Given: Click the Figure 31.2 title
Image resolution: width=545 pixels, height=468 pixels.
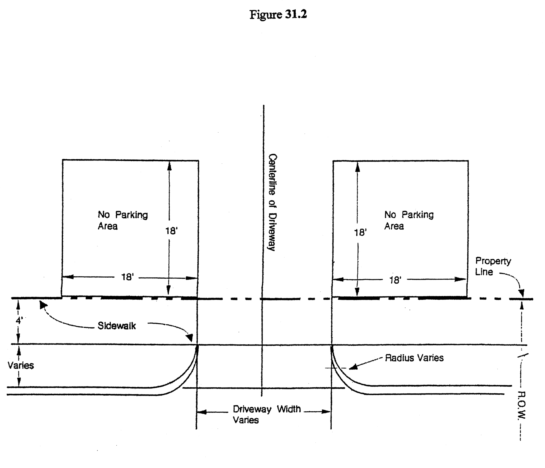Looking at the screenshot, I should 278,14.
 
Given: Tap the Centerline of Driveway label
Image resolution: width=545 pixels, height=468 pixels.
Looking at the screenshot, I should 272,202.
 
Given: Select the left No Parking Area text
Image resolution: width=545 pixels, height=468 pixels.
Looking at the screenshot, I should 123,220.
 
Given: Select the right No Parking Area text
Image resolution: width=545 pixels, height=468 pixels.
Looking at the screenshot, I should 409,220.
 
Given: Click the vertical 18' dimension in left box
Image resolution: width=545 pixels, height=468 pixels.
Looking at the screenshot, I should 171,231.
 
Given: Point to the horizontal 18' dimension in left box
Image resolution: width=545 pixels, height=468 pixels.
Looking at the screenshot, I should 128,277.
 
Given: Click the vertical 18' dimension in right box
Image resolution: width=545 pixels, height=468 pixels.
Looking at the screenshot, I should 360,233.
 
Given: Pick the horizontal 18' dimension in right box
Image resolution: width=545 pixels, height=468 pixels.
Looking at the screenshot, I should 395,280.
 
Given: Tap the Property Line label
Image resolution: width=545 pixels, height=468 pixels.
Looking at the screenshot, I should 493,266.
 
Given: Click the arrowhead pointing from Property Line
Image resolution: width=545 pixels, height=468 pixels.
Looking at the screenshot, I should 521,293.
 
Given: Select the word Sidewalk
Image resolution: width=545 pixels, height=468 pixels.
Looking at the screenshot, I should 117,326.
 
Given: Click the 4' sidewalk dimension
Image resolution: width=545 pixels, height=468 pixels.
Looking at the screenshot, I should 19,321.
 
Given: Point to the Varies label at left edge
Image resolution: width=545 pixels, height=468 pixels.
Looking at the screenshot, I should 21,365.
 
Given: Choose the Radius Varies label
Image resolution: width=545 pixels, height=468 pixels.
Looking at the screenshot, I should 414,358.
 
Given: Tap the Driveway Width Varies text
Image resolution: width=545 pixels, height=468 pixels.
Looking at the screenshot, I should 266,414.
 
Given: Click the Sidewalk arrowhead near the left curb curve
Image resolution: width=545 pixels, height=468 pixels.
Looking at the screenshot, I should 189,338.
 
